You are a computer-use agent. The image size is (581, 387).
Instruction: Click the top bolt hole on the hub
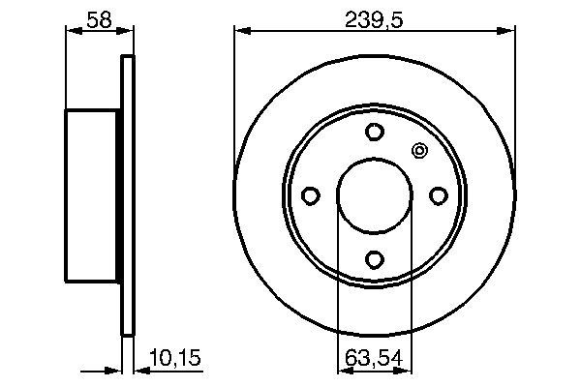(x=374, y=133)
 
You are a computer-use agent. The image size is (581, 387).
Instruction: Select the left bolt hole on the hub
(x=310, y=196)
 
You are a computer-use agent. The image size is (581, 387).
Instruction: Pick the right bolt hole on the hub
(x=438, y=196)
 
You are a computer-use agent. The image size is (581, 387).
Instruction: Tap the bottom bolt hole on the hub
(x=374, y=260)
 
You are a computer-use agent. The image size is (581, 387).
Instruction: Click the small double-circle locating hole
(x=419, y=151)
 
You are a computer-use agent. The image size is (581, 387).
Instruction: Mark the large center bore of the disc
(x=374, y=196)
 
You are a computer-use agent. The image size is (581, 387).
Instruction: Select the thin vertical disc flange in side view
(x=125, y=196)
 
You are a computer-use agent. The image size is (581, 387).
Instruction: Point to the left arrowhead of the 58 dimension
(x=71, y=31)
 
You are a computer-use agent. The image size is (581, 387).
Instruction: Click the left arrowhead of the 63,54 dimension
(x=342, y=371)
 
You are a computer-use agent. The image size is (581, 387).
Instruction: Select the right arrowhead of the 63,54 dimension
(x=407, y=371)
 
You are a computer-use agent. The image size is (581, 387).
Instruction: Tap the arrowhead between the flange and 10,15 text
(x=136, y=371)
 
